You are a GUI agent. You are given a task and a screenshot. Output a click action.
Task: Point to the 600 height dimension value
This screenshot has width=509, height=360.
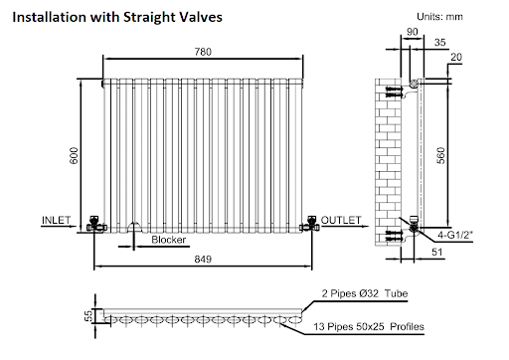click(x=73, y=154)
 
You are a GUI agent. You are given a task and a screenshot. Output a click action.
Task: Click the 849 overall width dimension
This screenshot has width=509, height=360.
click(x=205, y=257)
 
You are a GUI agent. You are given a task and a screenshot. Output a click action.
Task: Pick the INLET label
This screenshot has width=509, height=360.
click(x=56, y=218)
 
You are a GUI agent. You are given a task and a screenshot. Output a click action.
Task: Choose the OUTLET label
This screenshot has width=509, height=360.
click(x=338, y=218)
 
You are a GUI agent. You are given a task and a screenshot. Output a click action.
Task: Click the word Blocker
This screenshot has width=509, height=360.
click(x=169, y=240)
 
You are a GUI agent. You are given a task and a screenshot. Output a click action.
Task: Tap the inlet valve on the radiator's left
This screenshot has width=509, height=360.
click(x=94, y=221)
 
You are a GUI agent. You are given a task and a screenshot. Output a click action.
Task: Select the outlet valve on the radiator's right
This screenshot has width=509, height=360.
click(x=313, y=221)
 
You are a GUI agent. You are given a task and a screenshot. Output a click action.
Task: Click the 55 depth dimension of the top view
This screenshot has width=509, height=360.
click(x=88, y=315)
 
